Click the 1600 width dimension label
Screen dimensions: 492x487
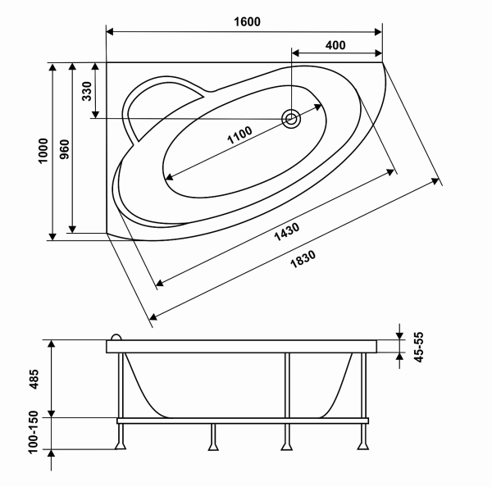point(248,21)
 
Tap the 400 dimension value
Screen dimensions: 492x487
point(335,45)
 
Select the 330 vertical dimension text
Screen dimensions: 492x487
point(87,91)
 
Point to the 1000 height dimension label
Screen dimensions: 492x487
point(43,151)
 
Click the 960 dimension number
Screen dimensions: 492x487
point(64,149)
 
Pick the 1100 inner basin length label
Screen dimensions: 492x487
point(239,135)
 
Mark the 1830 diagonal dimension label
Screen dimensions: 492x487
point(303,259)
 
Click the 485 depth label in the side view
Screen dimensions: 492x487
point(34,379)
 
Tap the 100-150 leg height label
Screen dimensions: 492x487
point(34,432)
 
